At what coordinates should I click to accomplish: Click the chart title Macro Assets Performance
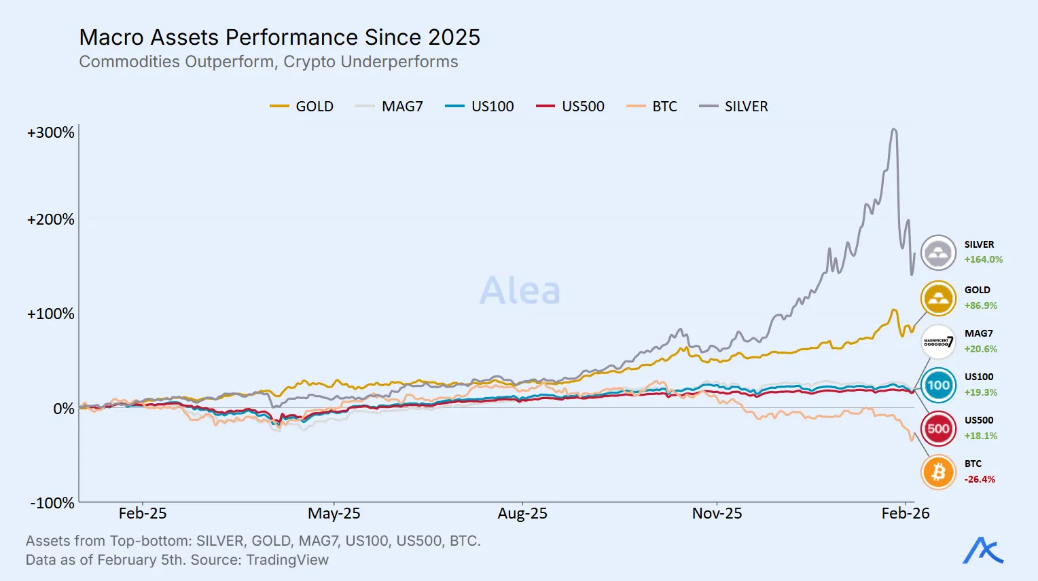click(279, 37)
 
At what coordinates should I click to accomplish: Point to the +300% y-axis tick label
click(51, 132)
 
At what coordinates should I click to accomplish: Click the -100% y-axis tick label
click(52, 503)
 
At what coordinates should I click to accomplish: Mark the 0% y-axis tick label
click(64, 409)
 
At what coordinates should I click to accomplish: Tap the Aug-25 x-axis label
click(522, 514)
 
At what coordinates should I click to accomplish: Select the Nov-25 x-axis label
click(717, 514)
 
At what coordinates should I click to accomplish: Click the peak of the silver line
click(894, 130)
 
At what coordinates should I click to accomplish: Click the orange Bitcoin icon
click(938, 472)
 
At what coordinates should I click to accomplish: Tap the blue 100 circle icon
click(938, 385)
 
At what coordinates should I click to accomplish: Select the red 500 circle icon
click(938, 428)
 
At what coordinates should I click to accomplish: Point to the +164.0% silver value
click(983, 259)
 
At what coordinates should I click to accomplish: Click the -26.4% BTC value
click(980, 479)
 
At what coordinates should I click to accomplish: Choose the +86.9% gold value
click(980, 305)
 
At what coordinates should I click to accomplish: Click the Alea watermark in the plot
click(520, 290)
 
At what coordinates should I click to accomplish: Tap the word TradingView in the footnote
click(287, 560)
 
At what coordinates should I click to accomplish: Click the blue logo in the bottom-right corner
click(982, 550)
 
